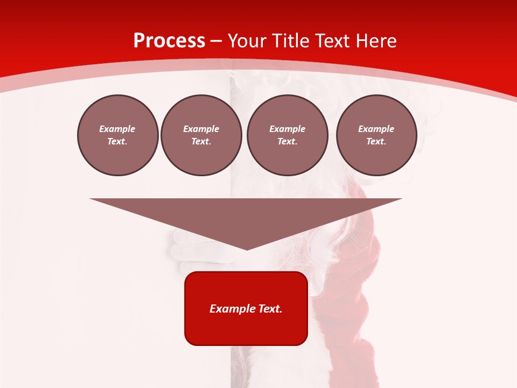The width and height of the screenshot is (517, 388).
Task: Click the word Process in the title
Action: pos(169,41)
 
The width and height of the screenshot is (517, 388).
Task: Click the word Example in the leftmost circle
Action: pos(117,129)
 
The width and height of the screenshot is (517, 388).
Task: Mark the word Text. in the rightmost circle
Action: pos(376,142)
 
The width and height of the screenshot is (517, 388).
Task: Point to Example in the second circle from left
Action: pos(201,129)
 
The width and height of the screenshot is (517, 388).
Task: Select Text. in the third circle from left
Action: pos(287,142)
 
